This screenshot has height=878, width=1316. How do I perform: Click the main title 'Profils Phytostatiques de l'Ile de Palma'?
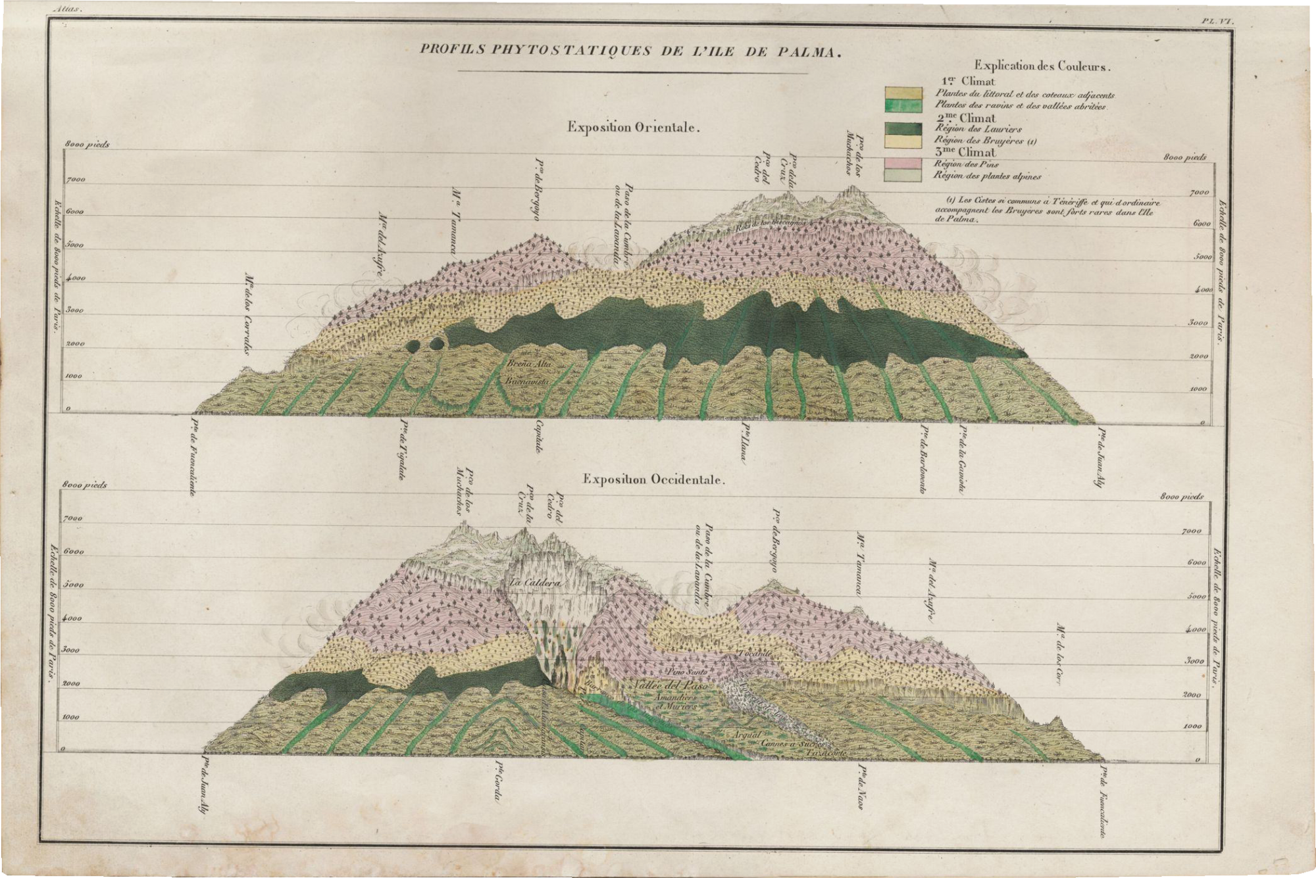click(631, 52)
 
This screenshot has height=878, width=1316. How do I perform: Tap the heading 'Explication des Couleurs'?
click(1043, 66)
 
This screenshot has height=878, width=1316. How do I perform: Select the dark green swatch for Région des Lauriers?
click(903, 129)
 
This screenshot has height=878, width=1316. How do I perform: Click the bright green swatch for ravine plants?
click(903, 105)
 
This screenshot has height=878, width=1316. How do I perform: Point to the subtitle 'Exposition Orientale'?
click(632, 128)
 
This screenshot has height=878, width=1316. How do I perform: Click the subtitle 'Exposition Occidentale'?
click(653, 479)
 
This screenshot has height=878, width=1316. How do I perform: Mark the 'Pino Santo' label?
click(687, 672)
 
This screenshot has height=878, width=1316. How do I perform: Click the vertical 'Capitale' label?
click(539, 435)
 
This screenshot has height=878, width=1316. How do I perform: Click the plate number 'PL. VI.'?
click(1216, 22)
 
